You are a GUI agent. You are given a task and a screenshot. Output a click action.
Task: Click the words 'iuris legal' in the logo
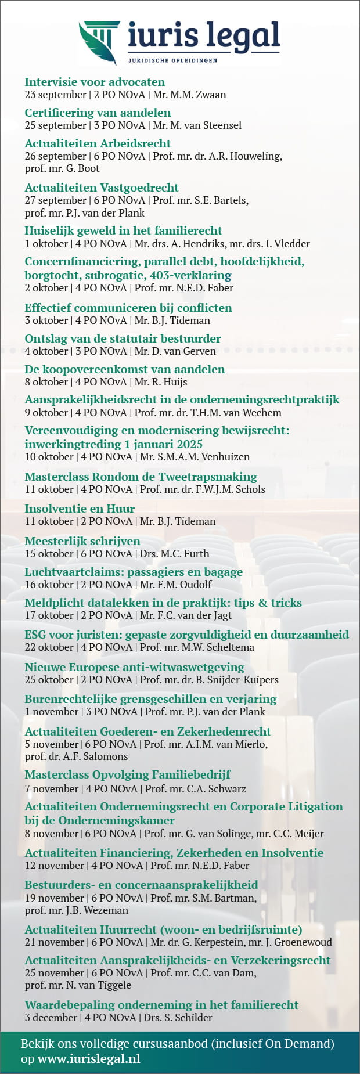coord(204,36)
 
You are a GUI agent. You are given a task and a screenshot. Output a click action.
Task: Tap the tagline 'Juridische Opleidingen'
coord(172,60)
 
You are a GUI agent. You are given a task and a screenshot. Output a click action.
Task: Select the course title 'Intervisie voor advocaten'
coord(95,82)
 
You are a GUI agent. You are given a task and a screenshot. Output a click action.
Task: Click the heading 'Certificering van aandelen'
coord(98,113)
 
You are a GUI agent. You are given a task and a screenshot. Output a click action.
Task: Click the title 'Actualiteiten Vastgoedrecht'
coord(102,188)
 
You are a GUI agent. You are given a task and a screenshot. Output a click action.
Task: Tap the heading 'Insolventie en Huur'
coord(80,509)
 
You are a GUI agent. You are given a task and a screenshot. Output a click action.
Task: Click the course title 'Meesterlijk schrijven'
coord(82,541)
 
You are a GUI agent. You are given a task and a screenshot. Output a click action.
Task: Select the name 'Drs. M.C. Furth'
coord(174,554)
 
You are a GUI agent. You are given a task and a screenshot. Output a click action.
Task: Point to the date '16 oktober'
coord(49,585)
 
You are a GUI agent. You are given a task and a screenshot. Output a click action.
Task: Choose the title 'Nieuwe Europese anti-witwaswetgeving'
coord(134,667)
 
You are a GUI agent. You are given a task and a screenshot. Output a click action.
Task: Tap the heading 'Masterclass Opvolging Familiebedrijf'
coord(128,774)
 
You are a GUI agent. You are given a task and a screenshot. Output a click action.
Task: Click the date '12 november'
coord(55,866)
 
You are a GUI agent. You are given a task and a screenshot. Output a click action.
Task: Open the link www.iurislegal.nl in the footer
coord(89,1059)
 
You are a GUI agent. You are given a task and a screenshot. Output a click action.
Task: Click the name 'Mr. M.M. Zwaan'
coord(189,95)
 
